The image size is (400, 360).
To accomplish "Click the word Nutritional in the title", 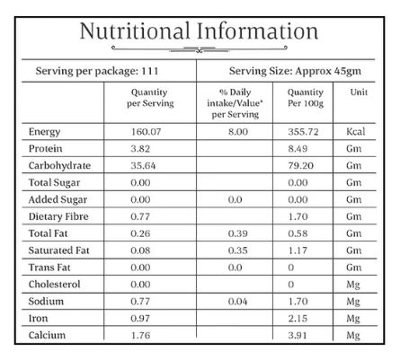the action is click(135, 31).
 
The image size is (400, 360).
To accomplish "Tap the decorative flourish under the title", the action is click(200, 48).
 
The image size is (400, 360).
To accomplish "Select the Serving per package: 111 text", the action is click(97, 71).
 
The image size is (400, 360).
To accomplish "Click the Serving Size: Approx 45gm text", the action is click(295, 71).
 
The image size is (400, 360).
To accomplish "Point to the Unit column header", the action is click(359, 92).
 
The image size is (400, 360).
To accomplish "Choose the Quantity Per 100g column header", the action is click(306, 98).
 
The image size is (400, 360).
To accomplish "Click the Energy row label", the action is click(44, 132).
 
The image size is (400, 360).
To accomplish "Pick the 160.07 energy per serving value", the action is click(146, 132).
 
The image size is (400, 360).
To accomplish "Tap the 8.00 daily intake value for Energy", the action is click(238, 132).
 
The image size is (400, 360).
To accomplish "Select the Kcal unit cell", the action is click(356, 132).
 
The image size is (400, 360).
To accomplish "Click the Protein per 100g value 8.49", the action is click(298, 149).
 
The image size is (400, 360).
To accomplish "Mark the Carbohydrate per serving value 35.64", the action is click(143, 165).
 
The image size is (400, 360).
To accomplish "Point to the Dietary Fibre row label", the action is click(58, 216).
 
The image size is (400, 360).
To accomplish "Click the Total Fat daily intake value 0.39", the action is click(237, 233).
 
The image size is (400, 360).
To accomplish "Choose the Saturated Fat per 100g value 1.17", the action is click(298, 250).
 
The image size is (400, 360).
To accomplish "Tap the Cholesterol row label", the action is click(54, 284).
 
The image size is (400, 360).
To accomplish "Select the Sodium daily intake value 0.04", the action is click(237, 302).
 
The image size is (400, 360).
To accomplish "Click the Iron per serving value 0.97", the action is click(140, 318).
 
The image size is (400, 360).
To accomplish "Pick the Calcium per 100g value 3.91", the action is click(298, 335).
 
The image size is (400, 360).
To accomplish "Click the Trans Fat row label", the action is click(49, 268).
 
